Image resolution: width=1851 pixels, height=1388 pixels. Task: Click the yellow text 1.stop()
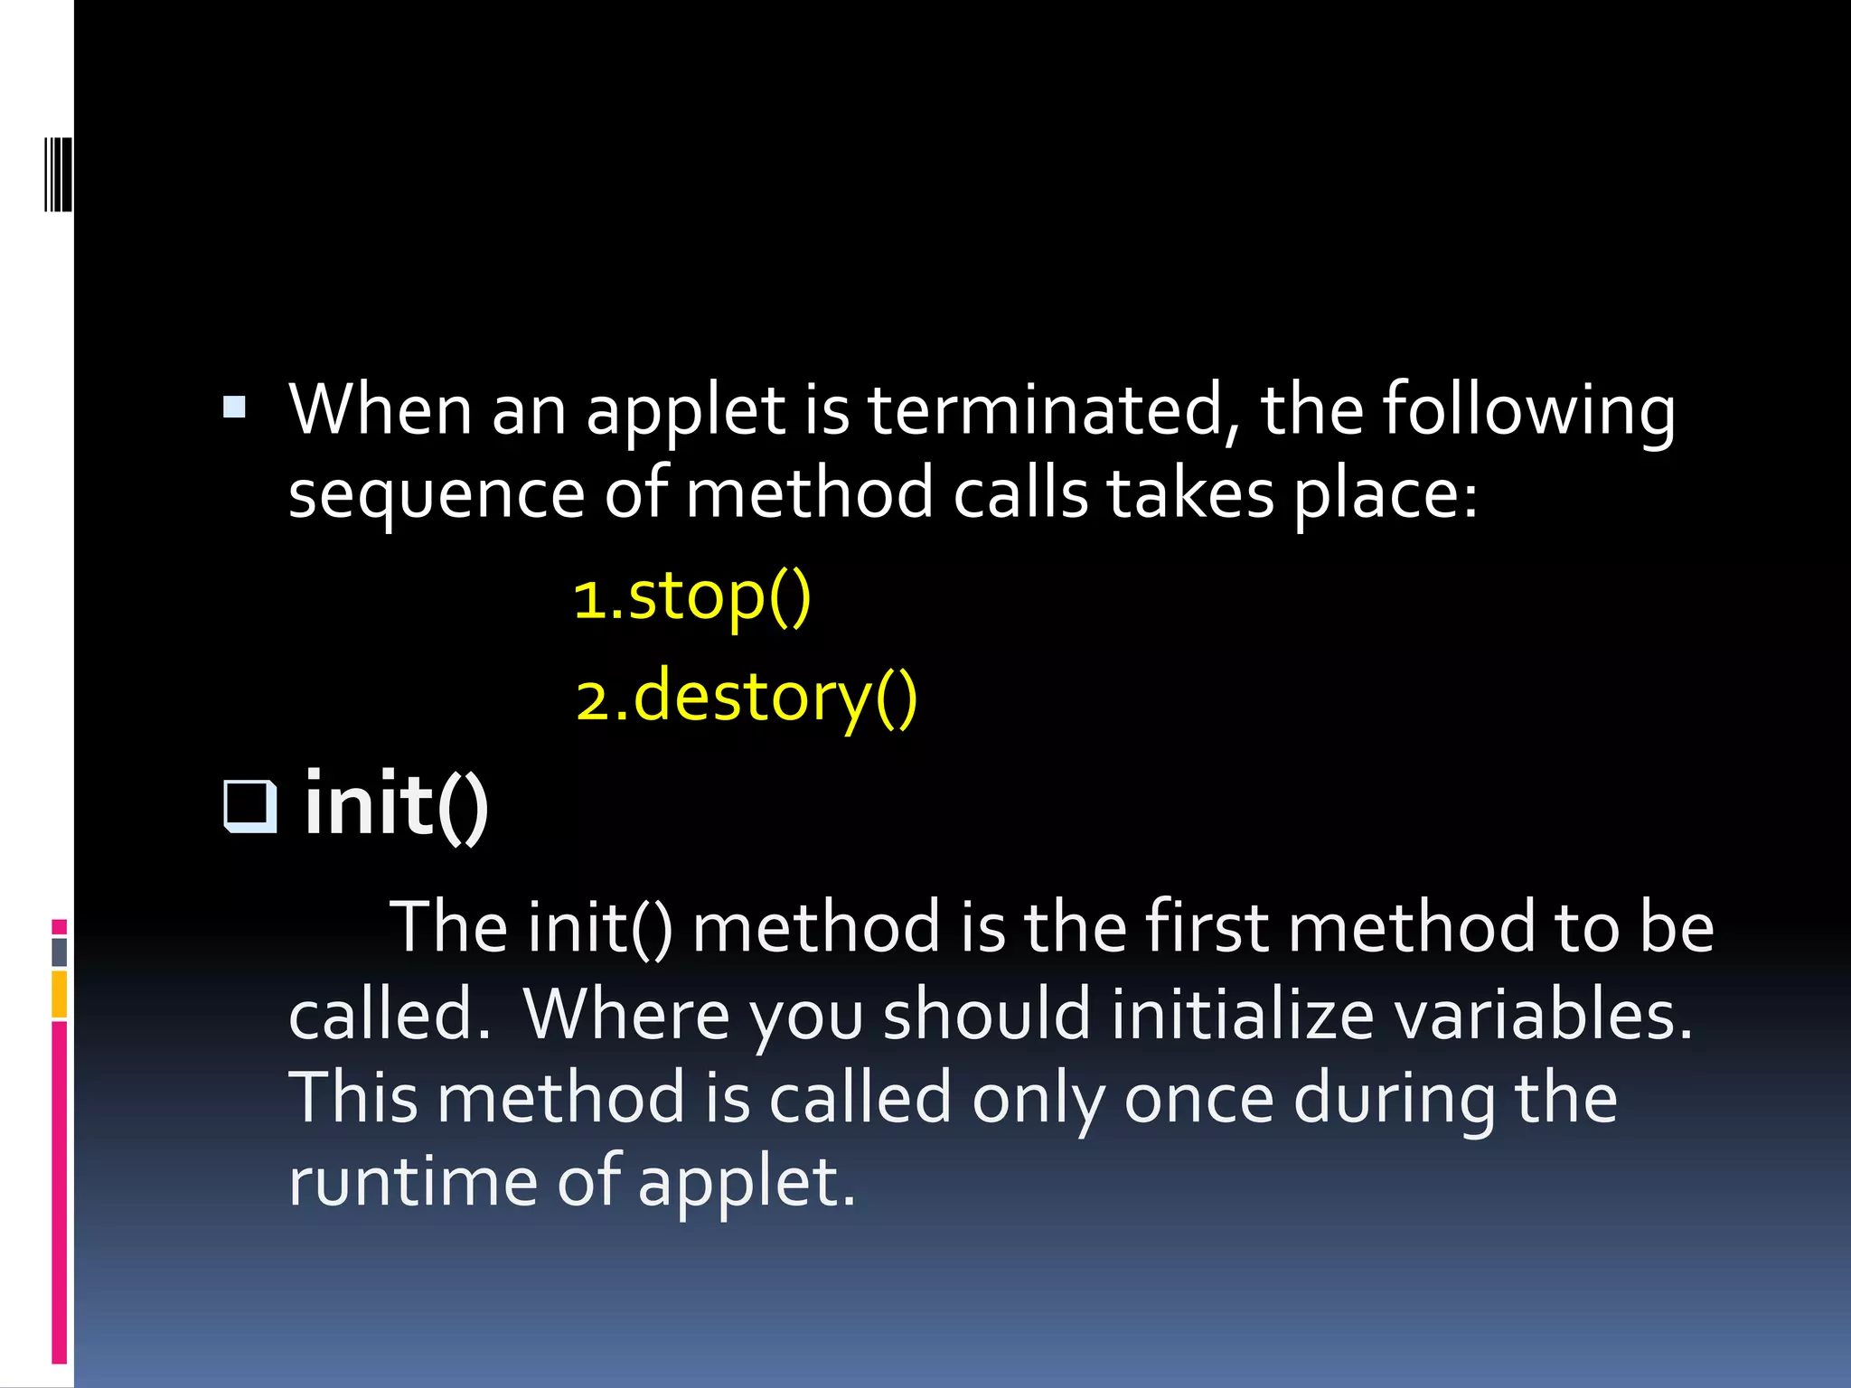[x=693, y=598]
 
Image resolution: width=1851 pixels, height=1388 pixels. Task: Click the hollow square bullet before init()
[x=249, y=804]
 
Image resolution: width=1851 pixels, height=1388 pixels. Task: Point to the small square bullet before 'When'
[x=234, y=408]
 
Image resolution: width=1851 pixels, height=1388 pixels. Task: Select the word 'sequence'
[x=437, y=495]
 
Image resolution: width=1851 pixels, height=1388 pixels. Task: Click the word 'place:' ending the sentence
[x=1386, y=495]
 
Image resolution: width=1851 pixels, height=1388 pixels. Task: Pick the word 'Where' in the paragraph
[x=626, y=1015]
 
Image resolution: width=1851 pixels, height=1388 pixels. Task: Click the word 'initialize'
[x=1243, y=1015]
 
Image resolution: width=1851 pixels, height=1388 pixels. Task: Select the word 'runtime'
[x=413, y=1182]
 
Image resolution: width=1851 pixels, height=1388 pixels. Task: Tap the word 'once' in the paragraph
[x=1198, y=1099]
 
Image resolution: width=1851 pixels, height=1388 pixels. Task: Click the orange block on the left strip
[x=59, y=994]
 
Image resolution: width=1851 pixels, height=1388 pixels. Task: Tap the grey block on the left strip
[x=59, y=952]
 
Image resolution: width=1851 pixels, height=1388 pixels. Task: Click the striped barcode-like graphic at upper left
[x=58, y=174]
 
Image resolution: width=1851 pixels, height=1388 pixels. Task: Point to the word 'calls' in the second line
[x=1020, y=495]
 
